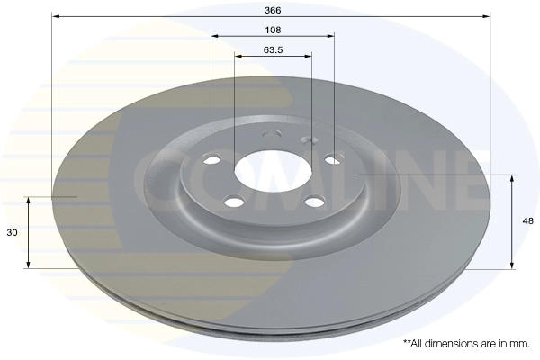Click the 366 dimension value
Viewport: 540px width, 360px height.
[273, 10]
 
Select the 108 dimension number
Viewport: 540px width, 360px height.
[273, 31]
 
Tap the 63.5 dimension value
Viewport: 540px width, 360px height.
[273, 50]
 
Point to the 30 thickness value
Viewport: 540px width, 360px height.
[12, 233]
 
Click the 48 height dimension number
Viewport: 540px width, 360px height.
[528, 220]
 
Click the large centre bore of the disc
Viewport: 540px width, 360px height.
[273, 171]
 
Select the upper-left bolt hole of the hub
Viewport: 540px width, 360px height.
[211, 159]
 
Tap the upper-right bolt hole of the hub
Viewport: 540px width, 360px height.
[334, 159]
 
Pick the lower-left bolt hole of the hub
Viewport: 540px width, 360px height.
[234, 202]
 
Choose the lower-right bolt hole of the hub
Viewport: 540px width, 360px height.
[315, 202]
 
